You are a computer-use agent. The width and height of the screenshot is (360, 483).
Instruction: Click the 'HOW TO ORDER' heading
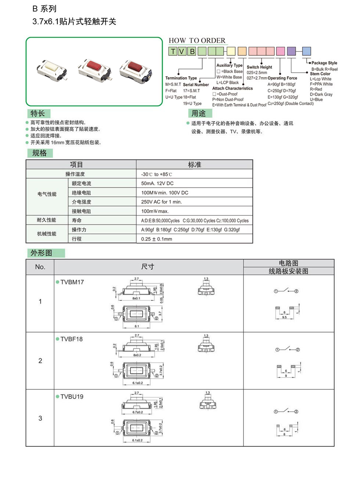coord(197,40)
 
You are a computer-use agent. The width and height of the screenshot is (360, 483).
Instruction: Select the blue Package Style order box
coord(306,51)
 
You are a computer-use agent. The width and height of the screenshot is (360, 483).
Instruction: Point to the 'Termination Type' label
coord(181,78)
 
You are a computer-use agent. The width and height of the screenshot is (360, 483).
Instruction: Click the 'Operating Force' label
coord(282,78)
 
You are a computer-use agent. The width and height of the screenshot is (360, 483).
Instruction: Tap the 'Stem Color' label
coord(320,74)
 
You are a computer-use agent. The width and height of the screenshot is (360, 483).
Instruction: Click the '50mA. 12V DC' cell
coord(157,183)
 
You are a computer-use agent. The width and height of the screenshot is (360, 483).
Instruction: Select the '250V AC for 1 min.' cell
coord(161,202)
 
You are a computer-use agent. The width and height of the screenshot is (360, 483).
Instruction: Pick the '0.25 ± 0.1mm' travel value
coord(156,239)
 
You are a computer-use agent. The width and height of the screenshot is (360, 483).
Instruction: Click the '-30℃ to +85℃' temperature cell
coord(156,174)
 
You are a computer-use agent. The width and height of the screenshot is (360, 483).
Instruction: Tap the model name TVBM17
coord(72,282)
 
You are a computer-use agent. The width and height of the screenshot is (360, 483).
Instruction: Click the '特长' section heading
coord(38,113)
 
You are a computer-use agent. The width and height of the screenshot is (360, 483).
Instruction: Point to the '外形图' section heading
coord(41,253)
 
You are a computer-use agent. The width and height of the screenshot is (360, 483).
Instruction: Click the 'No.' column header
coord(40,267)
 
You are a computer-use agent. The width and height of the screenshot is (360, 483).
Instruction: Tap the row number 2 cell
coord(40,361)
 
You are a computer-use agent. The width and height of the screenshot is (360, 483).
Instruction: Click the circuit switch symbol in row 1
coord(286,291)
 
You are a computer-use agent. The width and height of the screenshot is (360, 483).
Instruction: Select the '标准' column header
coord(194,165)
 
